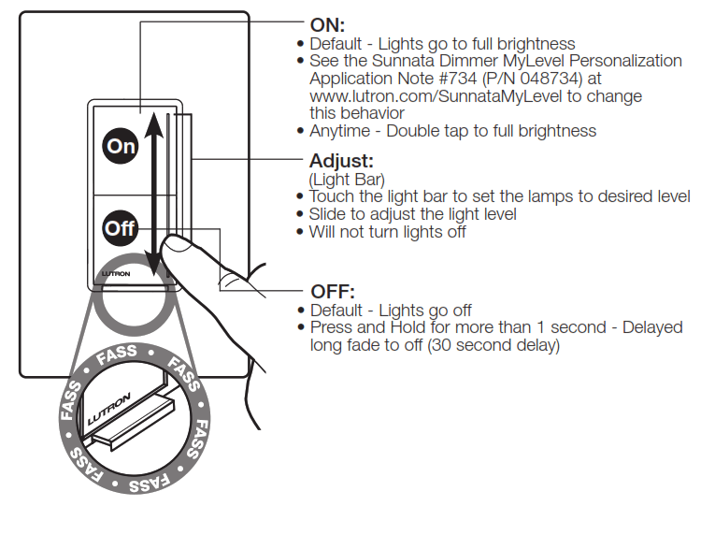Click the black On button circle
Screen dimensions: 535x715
[x=121, y=146]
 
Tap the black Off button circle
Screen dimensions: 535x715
[x=121, y=227]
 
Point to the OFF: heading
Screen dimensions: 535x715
[x=334, y=292]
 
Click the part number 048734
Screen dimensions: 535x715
[x=549, y=79]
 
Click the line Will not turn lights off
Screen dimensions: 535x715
[x=387, y=231]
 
